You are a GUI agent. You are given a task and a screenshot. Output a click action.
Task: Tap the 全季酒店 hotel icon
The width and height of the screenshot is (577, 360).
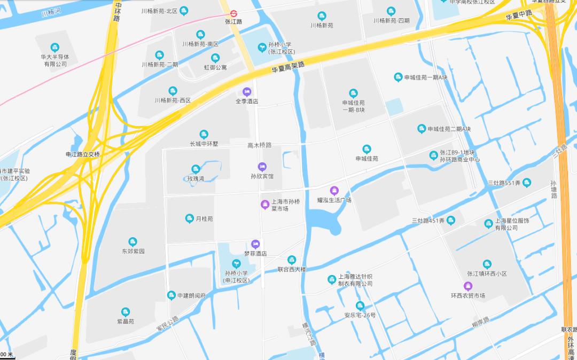point(247,91)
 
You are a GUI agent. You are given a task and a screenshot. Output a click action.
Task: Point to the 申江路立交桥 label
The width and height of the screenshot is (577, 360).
point(83,154)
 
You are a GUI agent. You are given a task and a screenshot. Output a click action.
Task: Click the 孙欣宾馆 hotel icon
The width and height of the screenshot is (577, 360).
point(262,167)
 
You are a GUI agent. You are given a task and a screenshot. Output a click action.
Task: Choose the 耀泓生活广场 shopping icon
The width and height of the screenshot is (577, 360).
point(334,191)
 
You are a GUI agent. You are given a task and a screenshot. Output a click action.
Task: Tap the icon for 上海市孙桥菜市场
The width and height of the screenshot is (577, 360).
point(264,204)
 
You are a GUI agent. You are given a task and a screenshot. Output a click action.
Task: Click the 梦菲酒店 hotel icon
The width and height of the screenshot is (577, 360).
point(255,244)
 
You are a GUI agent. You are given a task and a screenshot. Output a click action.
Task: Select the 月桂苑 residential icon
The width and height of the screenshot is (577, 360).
point(189,218)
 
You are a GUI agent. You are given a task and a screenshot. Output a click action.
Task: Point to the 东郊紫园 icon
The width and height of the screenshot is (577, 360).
point(132,241)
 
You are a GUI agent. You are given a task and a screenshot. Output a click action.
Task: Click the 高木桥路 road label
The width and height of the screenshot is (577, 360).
point(260,145)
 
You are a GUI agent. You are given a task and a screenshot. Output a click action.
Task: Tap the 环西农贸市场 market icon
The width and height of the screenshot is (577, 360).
point(468,286)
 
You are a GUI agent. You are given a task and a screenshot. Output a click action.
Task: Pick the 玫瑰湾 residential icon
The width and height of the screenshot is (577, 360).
point(196,169)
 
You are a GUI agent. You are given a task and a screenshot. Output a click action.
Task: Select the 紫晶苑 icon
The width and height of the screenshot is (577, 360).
point(126,312)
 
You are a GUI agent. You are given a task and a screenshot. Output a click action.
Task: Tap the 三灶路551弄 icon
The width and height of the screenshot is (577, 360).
point(527,183)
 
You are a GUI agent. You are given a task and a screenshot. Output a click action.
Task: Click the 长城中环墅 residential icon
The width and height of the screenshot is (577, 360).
point(204,134)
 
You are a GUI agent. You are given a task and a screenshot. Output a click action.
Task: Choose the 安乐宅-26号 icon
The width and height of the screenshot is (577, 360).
point(360,306)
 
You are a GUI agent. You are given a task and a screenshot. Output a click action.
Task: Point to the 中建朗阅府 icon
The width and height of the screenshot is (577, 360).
point(171,295)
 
